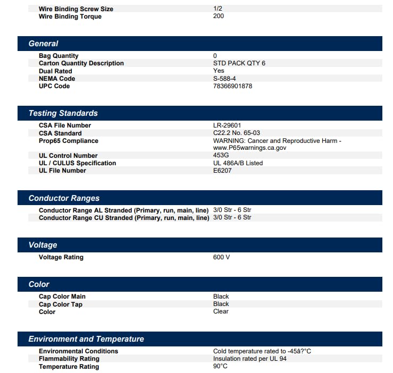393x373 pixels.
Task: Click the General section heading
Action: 43,44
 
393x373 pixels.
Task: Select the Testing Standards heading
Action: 63,113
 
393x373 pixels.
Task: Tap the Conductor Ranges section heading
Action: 64,198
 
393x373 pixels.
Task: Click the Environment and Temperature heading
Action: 86,339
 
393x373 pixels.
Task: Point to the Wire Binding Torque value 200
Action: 219,16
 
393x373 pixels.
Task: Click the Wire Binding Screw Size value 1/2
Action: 218,9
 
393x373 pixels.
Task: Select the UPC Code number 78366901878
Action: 232,86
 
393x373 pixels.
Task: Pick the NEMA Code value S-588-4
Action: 224,78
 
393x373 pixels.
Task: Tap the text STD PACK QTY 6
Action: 239,63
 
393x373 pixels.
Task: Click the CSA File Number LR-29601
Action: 227,125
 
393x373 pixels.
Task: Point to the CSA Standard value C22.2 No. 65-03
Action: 236,133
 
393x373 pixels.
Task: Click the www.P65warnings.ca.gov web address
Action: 249,148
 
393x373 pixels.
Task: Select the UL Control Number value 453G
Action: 222,155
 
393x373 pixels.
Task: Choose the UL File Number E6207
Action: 222,171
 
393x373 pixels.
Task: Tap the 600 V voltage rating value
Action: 221,257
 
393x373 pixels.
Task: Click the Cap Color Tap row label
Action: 61,304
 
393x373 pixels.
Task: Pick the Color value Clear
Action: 221,311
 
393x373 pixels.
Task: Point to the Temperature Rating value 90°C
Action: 220,366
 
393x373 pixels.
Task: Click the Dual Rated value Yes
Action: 219,71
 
